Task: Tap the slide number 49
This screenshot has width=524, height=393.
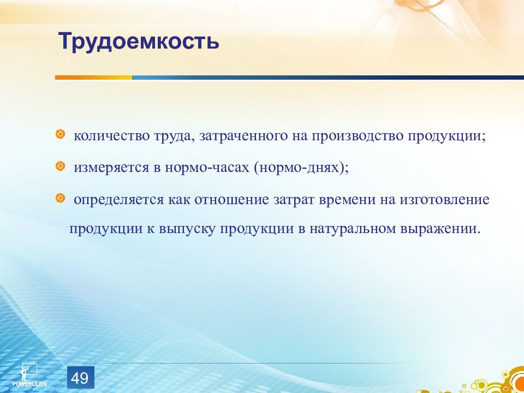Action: (x=80, y=378)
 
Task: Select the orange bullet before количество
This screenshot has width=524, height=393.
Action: (x=60, y=134)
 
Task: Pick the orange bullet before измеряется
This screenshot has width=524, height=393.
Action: (x=60, y=166)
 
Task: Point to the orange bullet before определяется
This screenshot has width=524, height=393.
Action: (x=60, y=198)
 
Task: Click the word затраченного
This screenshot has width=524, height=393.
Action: (x=243, y=136)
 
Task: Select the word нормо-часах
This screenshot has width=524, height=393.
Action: (x=207, y=168)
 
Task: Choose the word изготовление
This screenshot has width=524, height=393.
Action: (x=444, y=200)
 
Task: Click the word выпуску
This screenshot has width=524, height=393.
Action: (x=187, y=230)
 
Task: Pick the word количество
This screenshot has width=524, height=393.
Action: (x=111, y=136)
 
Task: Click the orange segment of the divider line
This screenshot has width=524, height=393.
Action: (x=93, y=77)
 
